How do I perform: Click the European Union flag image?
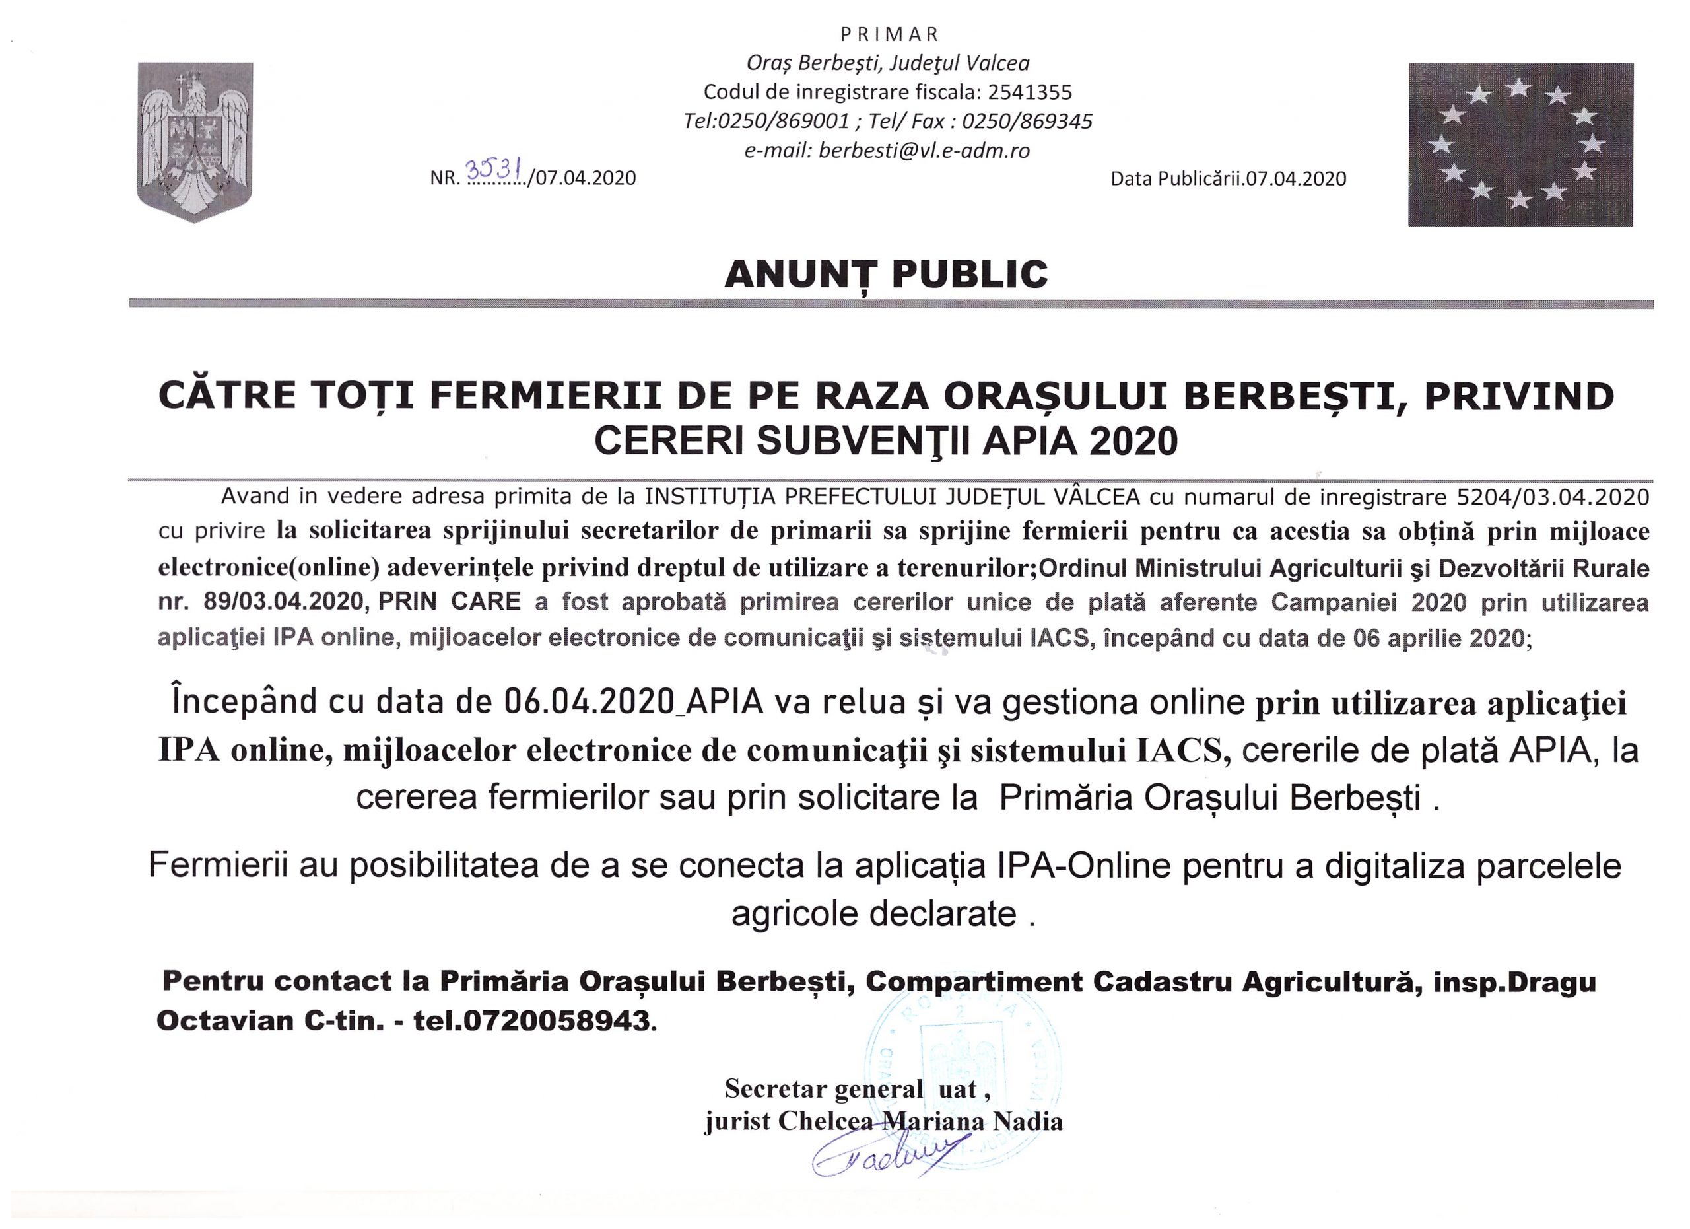tap(1520, 145)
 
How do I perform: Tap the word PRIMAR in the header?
tap(890, 34)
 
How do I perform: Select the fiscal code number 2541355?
tap(1030, 92)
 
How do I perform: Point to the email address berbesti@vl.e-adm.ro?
tap(924, 151)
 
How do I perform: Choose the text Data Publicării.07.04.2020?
tap(1228, 179)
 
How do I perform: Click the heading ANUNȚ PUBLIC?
tap(886, 274)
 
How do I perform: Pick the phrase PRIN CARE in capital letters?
tap(450, 602)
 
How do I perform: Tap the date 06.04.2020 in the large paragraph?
tap(589, 702)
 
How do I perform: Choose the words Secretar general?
tap(823, 1089)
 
